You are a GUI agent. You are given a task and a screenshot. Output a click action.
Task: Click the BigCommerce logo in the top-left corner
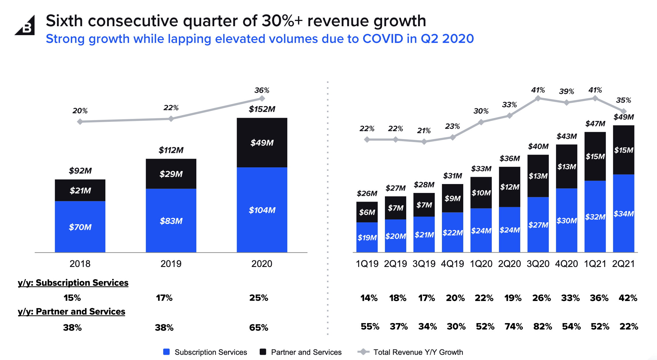(x=25, y=26)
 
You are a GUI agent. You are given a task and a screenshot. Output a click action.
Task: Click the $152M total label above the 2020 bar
(x=262, y=109)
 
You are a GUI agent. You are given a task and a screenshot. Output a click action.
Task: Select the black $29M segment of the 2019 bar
(x=171, y=174)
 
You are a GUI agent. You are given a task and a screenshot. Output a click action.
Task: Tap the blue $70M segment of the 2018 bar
(x=80, y=227)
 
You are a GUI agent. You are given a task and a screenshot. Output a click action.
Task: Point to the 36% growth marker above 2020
(x=262, y=98)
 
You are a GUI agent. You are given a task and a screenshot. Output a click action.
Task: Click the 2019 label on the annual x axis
(x=171, y=264)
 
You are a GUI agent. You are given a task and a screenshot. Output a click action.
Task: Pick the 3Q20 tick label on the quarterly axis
(x=538, y=264)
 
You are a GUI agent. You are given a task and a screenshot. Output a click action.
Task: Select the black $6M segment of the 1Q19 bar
(x=367, y=212)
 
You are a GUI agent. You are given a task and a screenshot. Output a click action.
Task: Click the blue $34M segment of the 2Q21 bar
(x=624, y=213)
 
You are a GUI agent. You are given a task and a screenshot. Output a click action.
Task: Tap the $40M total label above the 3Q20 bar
(x=538, y=146)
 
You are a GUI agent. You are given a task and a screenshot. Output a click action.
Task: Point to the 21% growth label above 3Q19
(x=424, y=130)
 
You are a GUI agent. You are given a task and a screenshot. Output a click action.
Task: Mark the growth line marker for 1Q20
(x=481, y=122)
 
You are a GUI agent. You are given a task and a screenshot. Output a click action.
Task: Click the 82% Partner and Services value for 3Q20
(x=542, y=326)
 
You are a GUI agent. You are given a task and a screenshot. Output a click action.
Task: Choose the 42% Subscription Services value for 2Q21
(x=628, y=298)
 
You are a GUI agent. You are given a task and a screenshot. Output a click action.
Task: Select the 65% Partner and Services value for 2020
(x=259, y=327)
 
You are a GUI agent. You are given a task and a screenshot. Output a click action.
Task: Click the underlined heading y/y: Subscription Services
(x=73, y=283)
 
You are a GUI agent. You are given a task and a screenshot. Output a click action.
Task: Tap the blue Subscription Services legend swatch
(x=166, y=352)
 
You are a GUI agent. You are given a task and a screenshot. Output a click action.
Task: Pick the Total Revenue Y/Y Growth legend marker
(x=363, y=352)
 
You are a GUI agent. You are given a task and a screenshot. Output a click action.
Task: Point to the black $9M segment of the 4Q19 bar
(x=452, y=198)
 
